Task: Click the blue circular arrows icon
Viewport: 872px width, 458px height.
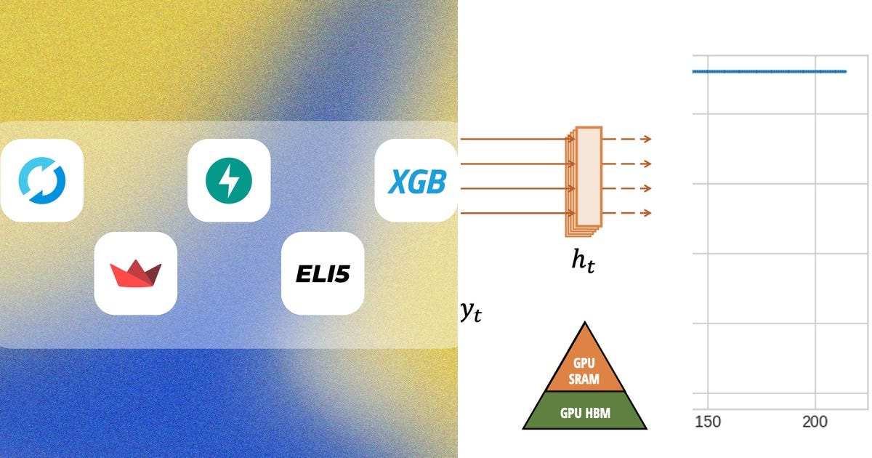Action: tap(42, 180)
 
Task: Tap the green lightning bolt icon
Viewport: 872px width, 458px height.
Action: tap(229, 180)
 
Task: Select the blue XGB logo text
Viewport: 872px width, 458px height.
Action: tap(417, 182)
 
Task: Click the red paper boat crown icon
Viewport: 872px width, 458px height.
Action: tap(135, 273)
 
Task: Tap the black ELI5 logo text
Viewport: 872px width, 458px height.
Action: tap(323, 274)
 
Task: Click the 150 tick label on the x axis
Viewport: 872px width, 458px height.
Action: tap(708, 422)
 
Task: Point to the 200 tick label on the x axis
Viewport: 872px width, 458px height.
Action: tap(815, 422)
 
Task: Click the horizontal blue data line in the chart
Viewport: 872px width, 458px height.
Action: tap(770, 72)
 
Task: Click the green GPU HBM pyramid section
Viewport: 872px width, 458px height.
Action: tap(585, 411)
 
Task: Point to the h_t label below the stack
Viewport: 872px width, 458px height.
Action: tap(583, 261)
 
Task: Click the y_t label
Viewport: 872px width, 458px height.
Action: tap(471, 313)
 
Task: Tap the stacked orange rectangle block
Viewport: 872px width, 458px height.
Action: tap(584, 182)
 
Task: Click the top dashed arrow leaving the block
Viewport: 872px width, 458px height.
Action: tap(627, 139)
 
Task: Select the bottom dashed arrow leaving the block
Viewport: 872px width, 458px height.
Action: tap(627, 213)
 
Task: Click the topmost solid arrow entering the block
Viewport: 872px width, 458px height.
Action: tap(517, 139)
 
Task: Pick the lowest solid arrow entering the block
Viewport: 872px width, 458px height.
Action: tap(517, 213)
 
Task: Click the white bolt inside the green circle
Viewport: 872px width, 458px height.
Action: tap(229, 181)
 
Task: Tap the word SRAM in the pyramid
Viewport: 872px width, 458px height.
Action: tap(584, 379)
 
